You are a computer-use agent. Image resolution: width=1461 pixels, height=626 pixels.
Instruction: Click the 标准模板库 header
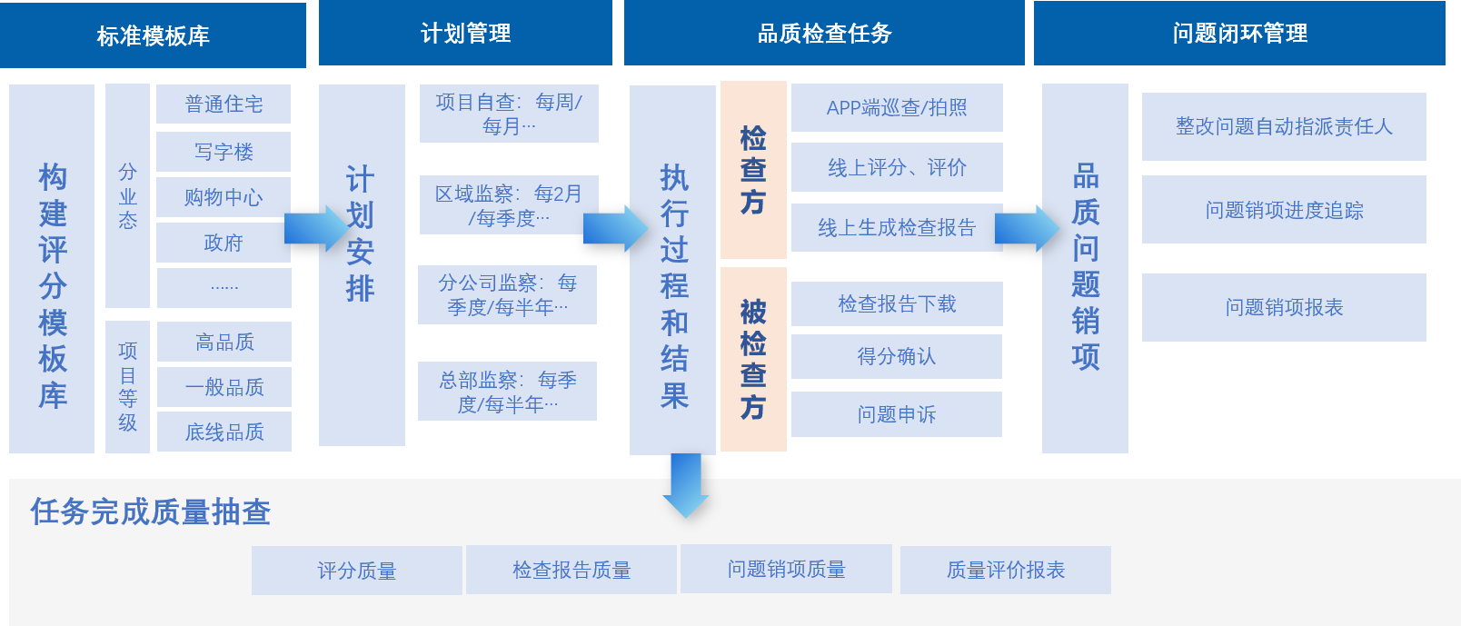(x=153, y=35)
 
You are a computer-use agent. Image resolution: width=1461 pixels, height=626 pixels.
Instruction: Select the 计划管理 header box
(x=465, y=34)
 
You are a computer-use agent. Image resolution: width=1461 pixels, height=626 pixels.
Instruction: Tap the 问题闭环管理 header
(x=1239, y=34)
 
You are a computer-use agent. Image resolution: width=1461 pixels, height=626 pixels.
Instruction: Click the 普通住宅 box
(x=224, y=104)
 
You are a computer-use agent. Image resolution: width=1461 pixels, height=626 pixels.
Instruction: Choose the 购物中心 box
(x=224, y=197)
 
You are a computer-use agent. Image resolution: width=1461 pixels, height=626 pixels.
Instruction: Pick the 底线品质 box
(x=224, y=432)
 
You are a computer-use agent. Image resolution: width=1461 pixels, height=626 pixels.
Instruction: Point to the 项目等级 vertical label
(x=127, y=387)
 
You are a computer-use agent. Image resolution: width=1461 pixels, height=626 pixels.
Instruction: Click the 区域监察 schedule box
(x=509, y=205)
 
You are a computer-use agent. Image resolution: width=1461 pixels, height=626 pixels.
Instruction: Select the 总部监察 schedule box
(x=507, y=392)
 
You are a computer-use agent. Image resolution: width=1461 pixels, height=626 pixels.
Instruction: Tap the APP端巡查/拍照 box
(x=897, y=108)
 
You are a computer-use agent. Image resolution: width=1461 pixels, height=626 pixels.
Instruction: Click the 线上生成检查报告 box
(x=897, y=227)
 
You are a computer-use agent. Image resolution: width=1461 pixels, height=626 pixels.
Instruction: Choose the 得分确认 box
(x=897, y=357)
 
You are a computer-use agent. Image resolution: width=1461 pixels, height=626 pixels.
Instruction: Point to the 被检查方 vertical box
(x=753, y=359)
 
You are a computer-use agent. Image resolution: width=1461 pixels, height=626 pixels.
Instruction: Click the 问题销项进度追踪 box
(x=1284, y=210)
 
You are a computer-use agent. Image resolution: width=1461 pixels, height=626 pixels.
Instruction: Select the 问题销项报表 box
(x=1284, y=307)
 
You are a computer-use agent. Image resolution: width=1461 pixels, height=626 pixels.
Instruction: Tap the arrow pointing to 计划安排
(x=314, y=228)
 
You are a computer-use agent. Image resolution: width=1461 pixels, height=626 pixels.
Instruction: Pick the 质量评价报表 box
(x=1005, y=570)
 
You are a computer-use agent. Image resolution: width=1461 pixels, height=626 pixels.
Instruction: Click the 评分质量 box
(x=356, y=571)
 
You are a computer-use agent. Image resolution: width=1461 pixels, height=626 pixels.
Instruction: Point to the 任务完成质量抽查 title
(x=151, y=512)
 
